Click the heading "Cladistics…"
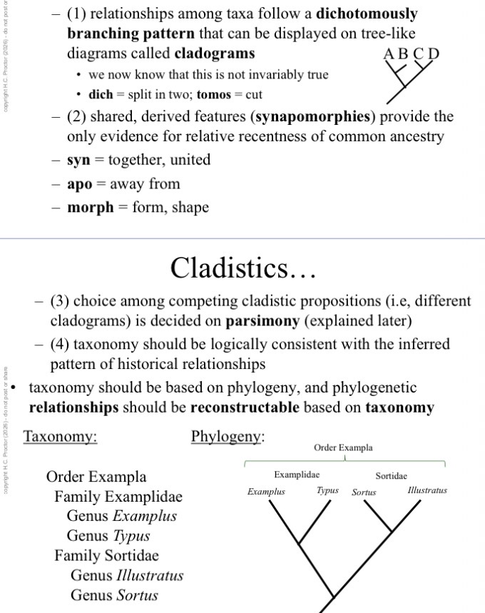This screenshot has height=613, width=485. pos(242,268)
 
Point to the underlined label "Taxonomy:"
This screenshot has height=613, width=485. pos(61,436)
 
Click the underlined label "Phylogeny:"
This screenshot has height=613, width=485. pos(228,436)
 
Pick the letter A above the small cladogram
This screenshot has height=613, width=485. pos(389,54)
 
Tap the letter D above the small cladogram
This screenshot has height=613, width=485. pos(434,54)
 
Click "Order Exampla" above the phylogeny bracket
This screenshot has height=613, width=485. pos(343,447)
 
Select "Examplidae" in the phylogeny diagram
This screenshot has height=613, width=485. pos(297,475)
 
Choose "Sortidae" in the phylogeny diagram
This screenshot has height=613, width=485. pos(392,475)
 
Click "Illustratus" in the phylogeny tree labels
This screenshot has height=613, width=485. pos(427,490)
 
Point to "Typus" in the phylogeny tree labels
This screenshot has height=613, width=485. pos(327,490)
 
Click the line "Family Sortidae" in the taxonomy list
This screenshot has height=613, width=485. pos(106,555)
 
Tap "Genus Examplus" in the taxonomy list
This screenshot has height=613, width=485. pos(121,515)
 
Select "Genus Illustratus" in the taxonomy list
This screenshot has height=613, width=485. pos(127,574)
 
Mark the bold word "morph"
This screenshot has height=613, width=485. pos(90,208)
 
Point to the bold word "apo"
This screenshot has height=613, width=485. pos(80,184)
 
